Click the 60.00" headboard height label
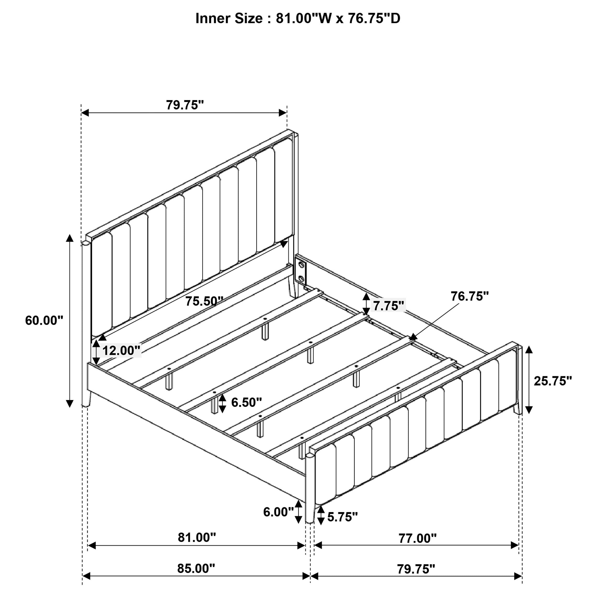pos(44,321)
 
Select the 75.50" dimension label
pos(204,301)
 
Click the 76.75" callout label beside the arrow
pos(469,296)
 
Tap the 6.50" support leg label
pos(246,402)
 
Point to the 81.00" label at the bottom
pos(197,538)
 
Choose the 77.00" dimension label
pos(417,538)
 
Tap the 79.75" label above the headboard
pos(185,105)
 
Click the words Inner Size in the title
pos(229,19)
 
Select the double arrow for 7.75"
pos(366,304)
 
